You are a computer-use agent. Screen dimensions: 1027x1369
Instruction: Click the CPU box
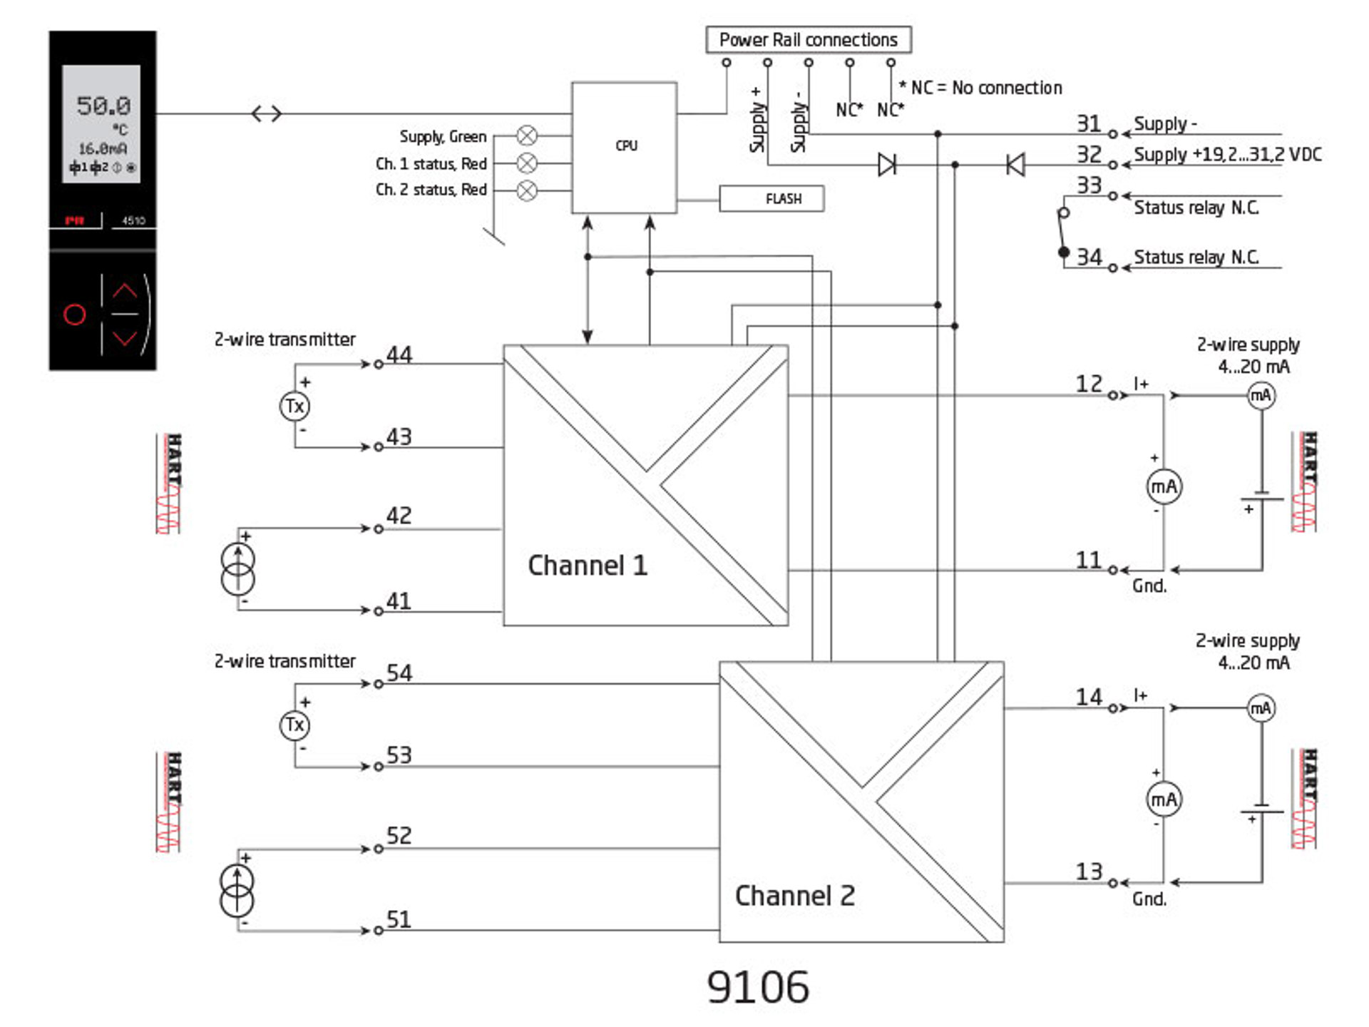click(624, 147)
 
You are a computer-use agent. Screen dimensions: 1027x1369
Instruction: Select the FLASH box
click(771, 198)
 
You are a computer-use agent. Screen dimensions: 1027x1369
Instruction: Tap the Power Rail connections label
click(808, 40)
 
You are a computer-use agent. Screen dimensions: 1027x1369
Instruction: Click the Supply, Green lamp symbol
click(527, 135)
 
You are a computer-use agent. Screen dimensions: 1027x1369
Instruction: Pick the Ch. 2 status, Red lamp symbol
click(527, 190)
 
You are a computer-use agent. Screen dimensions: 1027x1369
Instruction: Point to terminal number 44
click(399, 354)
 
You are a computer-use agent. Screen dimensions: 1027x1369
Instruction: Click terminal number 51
click(399, 919)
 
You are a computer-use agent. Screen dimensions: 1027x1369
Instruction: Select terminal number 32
click(1089, 155)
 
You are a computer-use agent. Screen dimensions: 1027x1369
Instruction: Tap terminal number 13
click(1089, 872)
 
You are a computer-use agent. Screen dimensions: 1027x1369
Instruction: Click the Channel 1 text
click(588, 566)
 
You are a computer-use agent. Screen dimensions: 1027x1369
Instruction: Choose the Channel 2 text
click(794, 896)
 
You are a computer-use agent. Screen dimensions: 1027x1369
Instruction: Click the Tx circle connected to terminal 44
click(294, 407)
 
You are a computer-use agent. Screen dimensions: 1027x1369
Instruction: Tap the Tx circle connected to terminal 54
click(294, 725)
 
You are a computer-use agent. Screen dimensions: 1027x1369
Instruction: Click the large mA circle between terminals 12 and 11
click(1164, 487)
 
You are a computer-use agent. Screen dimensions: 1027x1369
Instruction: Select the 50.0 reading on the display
click(104, 106)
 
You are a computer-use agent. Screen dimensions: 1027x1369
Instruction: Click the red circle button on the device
click(75, 314)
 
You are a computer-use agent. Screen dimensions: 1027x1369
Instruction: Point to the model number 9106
click(757, 987)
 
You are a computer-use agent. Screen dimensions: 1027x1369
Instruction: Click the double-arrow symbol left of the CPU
click(267, 113)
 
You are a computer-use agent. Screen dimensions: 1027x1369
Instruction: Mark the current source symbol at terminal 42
click(237, 568)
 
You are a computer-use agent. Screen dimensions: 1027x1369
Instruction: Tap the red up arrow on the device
click(125, 290)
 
